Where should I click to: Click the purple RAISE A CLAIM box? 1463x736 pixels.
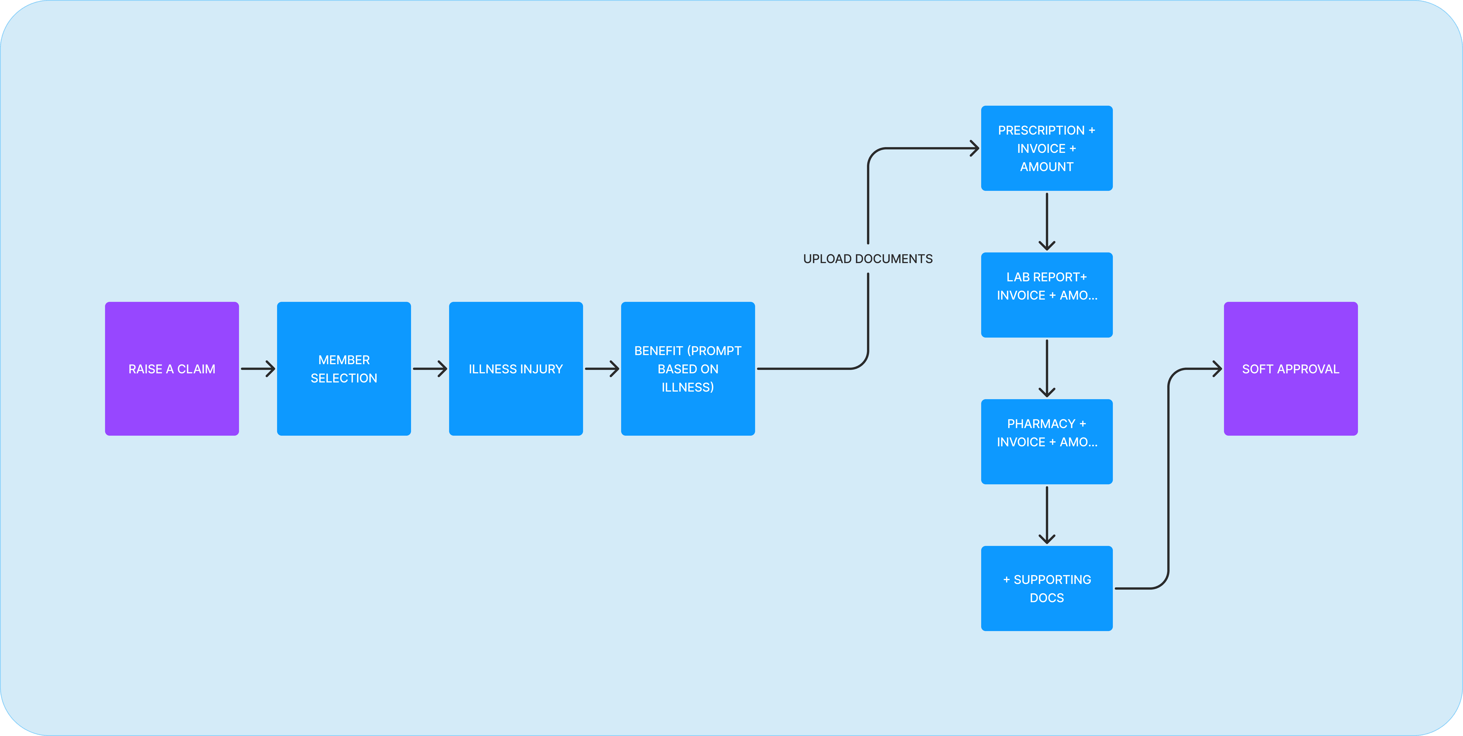[x=171, y=369]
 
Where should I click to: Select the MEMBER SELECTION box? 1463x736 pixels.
[x=344, y=369]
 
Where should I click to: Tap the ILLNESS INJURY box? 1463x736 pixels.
[x=516, y=369]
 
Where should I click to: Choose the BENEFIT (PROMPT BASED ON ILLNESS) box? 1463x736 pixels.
[x=688, y=369]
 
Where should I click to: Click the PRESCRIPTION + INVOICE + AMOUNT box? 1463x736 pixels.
[x=1047, y=148]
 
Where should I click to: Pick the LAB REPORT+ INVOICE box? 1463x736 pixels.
[x=1047, y=295]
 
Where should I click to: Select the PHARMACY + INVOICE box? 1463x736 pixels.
[x=1047, y=442]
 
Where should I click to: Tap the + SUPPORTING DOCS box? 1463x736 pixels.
[x=1047, y=588]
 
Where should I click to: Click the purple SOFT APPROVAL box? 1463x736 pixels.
[x=1290, y=369]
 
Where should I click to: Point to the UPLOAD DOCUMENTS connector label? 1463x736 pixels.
[x=868, y=259]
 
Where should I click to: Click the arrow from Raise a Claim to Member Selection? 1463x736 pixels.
[x=258, y=369]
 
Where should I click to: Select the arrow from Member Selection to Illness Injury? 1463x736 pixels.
[x=430, y=369]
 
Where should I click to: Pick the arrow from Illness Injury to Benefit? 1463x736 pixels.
[x=602, y=369]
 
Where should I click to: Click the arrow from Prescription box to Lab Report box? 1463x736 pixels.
[x=1047, y=221]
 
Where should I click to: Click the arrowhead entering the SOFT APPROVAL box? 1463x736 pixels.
[x=1217, y=369]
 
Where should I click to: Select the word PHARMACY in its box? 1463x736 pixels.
[x=1041, y=424]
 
